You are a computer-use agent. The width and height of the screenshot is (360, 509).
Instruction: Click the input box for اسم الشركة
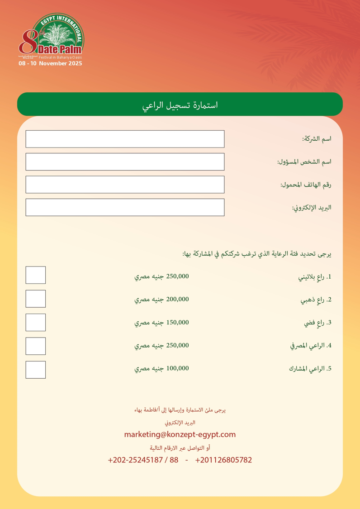click(125, 139)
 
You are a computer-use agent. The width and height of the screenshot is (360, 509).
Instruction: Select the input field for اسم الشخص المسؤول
click(125, 162)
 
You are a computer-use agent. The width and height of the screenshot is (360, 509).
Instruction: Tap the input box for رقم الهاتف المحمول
click(125, 185)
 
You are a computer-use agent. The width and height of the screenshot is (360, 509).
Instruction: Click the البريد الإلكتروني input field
click(125, 207)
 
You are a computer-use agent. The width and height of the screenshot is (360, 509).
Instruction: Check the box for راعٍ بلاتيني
click(36, 275)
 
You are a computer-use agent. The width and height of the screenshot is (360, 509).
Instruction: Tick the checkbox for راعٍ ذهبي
click(36, 299)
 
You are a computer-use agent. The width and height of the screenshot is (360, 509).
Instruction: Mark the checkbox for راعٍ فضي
click(36, 322)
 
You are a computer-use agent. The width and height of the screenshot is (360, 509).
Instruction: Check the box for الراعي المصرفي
click(36, 346)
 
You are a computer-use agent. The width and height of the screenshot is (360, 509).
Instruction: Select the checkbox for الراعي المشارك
click(36, 370)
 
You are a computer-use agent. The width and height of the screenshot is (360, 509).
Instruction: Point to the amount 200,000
click(177, 299)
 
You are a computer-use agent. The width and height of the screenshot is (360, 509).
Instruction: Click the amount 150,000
click(177, 322)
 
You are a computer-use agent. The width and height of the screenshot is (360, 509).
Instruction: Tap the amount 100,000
click(177, 368)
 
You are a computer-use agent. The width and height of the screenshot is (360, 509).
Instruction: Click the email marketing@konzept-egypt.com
click(180, 434)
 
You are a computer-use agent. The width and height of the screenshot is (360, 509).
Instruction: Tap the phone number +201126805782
click(223, 460)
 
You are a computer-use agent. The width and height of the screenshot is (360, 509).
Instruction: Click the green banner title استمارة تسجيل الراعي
click(180, 105)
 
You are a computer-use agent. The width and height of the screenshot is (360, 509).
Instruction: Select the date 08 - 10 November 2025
click(50, 64)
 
